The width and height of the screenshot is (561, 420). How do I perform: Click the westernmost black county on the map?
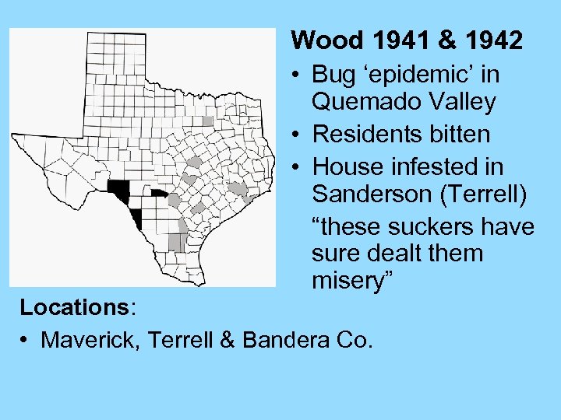[119, 189]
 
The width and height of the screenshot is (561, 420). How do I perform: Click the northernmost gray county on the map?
[207, 121]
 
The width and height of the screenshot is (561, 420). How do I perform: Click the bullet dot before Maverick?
[26, 340]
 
